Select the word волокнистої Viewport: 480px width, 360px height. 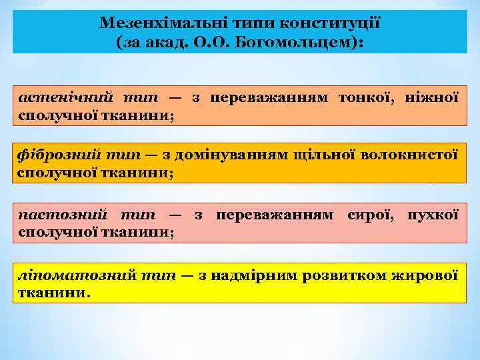coord(409,155)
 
